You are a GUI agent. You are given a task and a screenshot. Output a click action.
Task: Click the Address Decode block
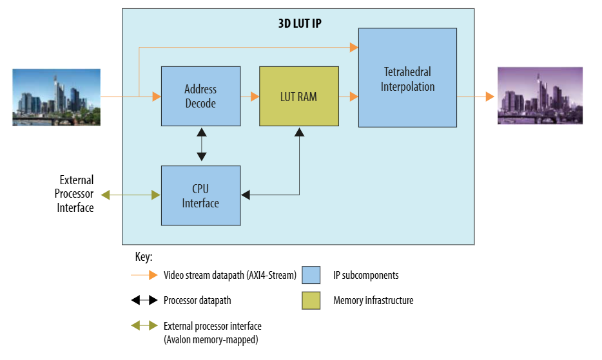(x=200, y=96)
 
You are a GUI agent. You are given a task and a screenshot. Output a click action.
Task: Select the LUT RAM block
(x=298, y=96)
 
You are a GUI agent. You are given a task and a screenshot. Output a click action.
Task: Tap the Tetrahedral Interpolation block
(x=407, y=78)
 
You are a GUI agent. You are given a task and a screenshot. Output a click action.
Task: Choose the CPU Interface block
(x=200, y=196)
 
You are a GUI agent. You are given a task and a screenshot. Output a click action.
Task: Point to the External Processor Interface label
(x=75, y=194)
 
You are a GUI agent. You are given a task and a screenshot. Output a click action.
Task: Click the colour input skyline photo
(x=56, y=97)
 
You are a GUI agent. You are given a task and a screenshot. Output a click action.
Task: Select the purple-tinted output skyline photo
(x=540, y=95)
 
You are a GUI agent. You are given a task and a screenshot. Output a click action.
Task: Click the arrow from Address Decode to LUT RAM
(x=250, y=97)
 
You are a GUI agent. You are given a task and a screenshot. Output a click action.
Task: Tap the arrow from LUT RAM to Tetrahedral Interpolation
(x=349, y=97)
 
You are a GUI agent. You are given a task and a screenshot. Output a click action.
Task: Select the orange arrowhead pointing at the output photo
(x=490, y=97)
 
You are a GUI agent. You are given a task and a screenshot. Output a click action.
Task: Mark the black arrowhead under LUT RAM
(x=299, y=132)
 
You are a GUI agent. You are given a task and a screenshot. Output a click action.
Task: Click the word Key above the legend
(x=144, y=257)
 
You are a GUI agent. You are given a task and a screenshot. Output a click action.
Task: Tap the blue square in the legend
(x=311, y=275)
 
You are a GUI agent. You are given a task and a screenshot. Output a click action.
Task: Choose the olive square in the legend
(x=311, y=300)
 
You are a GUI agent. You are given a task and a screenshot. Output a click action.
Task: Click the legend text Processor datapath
(x=197, y=300)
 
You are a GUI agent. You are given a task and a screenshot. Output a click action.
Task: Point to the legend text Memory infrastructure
(x=373, y=300)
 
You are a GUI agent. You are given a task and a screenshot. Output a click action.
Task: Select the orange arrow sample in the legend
(x=144, y=275)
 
